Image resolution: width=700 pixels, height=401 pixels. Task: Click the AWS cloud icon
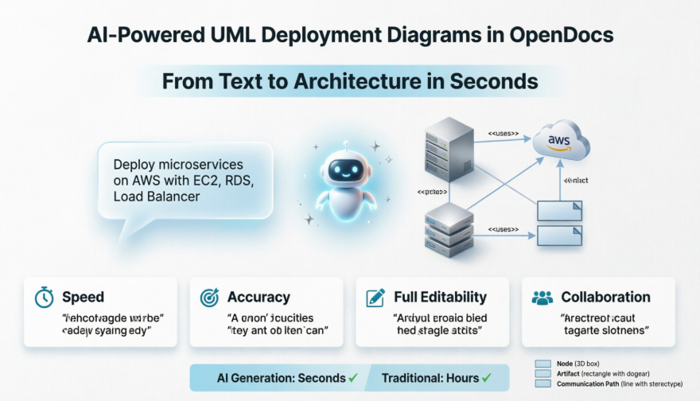[x=561, y=142]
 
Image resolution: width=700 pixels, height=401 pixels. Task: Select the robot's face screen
[x=344, y=169]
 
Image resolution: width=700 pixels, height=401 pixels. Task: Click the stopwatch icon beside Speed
[x=44, y=298]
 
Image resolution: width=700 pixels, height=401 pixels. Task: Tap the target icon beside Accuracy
[x=209, y=298]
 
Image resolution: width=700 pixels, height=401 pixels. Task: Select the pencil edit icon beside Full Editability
[x=375, y=298]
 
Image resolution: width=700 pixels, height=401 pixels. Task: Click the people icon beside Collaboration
[x=542, y=298]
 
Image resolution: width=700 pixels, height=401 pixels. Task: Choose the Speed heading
[x=83, y=298]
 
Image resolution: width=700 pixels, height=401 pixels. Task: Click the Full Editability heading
[x=440, y=298]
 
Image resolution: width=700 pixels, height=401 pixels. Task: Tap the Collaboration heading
[x=605, y=298]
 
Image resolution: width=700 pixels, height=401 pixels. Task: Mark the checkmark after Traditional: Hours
[x=485, y=378]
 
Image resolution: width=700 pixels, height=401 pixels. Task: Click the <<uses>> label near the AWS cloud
[x=503, y=134]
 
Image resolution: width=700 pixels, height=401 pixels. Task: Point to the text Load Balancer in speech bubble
[x=157, y=196]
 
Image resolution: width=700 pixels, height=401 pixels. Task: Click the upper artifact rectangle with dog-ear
[x=561, y=210]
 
